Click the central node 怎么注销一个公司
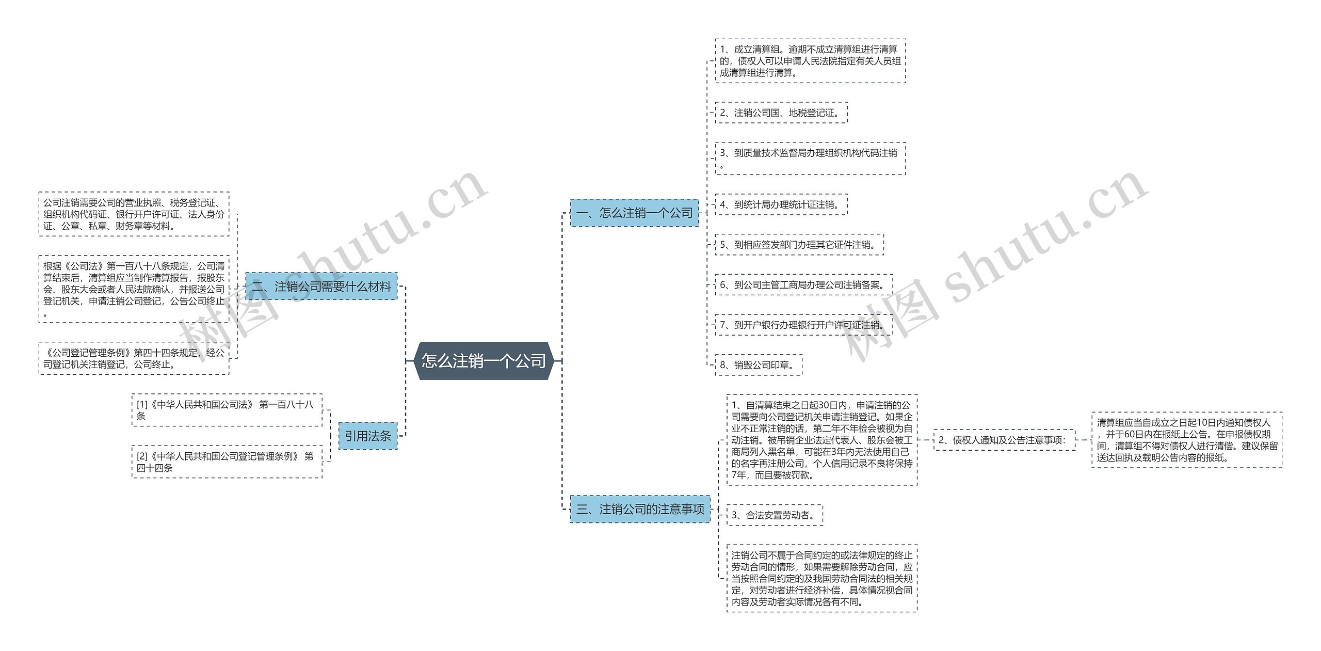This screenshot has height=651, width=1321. pyautogui.click(x=484, y=361)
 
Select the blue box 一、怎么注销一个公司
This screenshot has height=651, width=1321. pyautogui.click(x=634, y=213)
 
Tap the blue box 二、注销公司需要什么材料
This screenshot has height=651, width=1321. pyautogui.click(x=321, y=287)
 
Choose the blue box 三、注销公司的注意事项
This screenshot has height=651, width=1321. pyautogui.click(x=640, y=509)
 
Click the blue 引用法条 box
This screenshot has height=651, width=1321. pyautogui.click(x=368, y=436)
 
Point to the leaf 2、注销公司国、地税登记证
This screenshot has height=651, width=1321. pyautogui.click(x=781, y=113)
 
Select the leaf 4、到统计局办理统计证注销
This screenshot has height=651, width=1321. pyautogui.click(x=781, y=204)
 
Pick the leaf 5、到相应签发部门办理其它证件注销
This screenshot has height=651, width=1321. pyautogui.click(x=799, y=245)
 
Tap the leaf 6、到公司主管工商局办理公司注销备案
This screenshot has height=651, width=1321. pyautogui.click(x=803, y=284)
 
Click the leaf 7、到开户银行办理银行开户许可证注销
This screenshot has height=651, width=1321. pyautogui.click(x=803, y=325)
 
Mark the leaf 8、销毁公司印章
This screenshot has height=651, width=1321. pyautogui.click(x=758, y=365)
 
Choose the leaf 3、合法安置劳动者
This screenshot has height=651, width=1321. pyautogui.click(x=775, y=515)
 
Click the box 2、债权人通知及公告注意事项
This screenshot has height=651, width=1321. pyautogui.click(x=1004, y=440)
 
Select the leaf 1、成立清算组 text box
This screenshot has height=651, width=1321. pyautogui.click(x=810, y=61)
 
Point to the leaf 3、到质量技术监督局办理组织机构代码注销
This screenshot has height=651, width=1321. pyautogui.click(x=810, y=158)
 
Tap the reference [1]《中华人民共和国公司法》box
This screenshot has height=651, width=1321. pyautogui.click(x=227, y=410)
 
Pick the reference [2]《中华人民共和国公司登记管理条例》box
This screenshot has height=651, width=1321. pyautogui.click(x=227, y=462)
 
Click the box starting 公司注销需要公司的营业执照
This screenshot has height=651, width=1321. pyautogui.click(x=134, y=214)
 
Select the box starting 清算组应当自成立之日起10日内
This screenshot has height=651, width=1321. pyautogui.click(x=1186, y=440)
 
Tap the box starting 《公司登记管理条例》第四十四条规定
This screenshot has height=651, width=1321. pyautogui.click(x=134, y=358)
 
